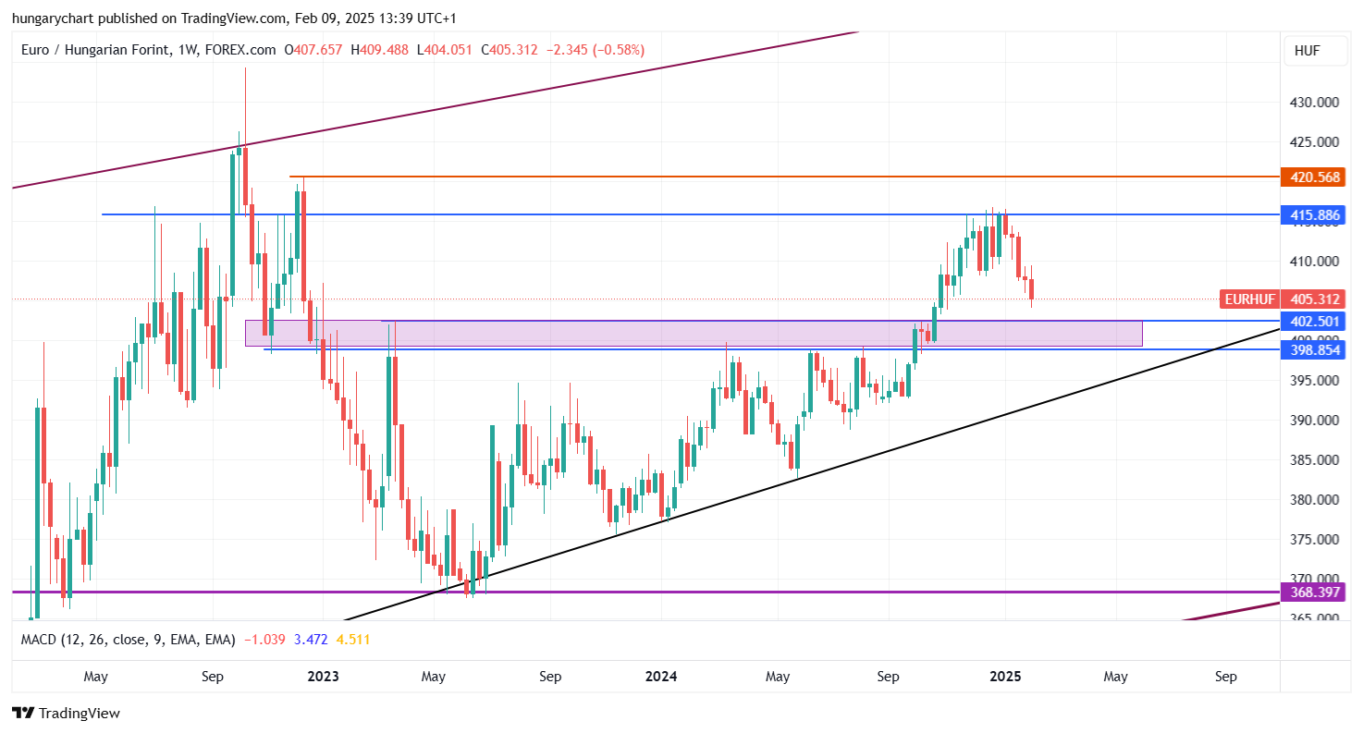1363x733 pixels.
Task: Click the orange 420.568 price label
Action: (1310, 177)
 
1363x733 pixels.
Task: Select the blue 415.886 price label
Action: (1310, 215)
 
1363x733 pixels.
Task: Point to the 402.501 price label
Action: (1310, 321)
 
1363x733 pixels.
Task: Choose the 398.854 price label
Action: (1310, 349)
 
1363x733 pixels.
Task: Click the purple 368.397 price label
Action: (1310, 592)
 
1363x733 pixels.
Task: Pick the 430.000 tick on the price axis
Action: (1315, 103)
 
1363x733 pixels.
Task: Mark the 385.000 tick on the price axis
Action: (1315, 460)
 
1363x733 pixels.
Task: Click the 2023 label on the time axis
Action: (323, 677)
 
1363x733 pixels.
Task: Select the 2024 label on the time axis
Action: (661, 677)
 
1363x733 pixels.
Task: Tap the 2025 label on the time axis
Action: (1005, 677)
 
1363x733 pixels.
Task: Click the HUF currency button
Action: (1307, 51)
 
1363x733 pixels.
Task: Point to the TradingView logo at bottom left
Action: (66, 714)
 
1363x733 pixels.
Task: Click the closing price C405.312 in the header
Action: (509, 50)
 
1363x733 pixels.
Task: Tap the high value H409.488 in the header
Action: (378, 50)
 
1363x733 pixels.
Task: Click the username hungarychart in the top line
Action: (55, 18)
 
